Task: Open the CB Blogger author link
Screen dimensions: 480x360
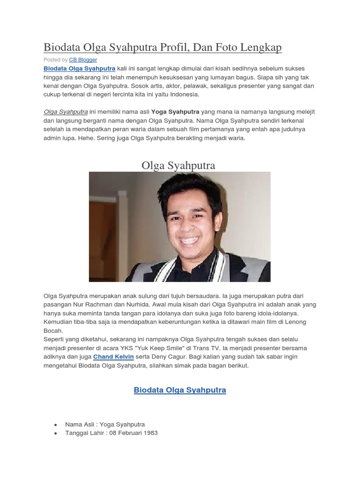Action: (83, 60)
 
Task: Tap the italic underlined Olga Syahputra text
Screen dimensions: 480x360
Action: (66, 112)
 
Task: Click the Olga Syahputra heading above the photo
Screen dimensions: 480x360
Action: (178, 165)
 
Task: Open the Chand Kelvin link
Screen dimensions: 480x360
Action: (114, 357)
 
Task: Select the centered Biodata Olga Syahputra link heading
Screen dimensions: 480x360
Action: (180, 390)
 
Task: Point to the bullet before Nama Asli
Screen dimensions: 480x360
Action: (56, 425)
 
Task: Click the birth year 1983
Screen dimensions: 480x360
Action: (150, 433)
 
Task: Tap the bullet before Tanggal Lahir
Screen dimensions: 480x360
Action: (56, 433)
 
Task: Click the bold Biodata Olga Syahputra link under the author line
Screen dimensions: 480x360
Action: (79, 68)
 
